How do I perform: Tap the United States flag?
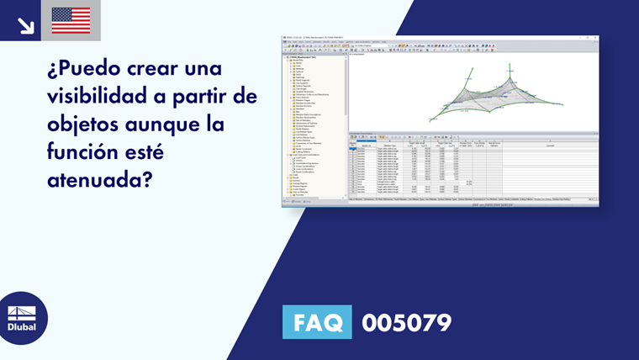[71, 20]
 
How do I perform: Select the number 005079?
[406, 322]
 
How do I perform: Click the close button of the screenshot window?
[596, 37]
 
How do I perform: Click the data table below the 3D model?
[471, 168]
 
